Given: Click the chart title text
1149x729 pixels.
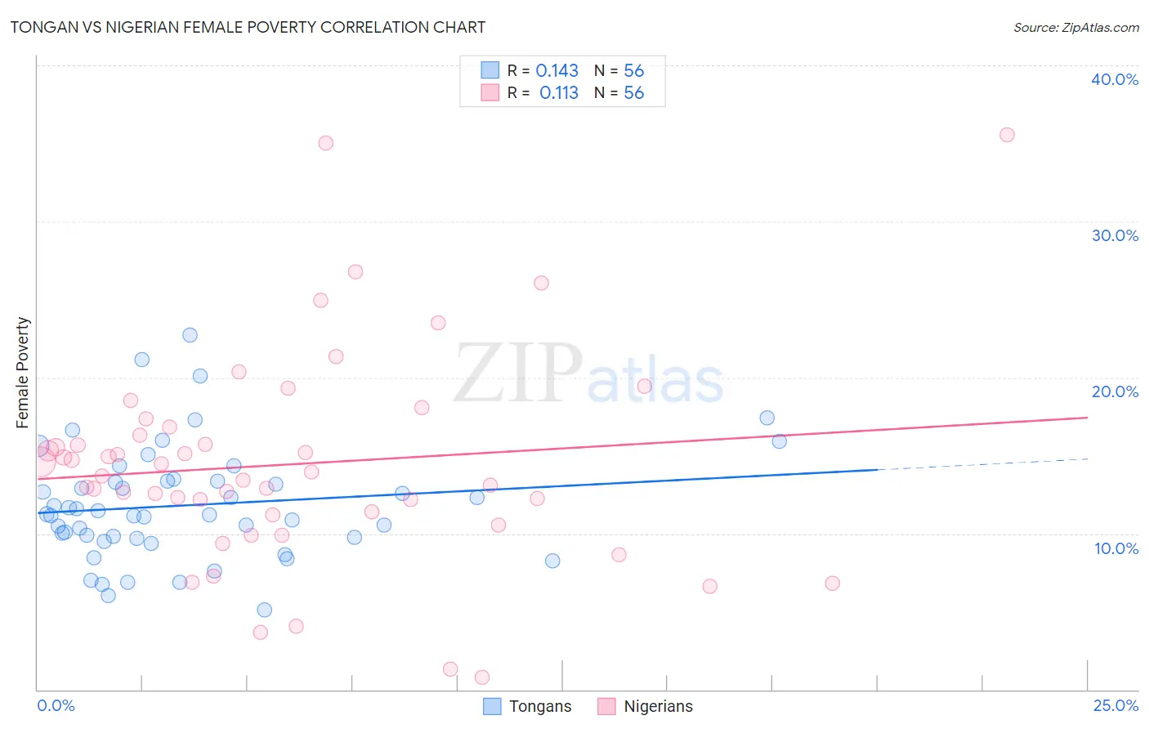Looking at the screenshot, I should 248,27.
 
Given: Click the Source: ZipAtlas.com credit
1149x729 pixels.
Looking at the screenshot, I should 1075,27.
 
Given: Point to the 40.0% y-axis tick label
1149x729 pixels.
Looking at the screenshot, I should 1115,79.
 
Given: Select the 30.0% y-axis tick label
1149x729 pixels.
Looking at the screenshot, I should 1115,235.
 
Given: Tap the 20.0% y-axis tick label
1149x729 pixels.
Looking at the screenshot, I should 1115,391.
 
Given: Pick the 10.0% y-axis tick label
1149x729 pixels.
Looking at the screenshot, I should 1116,548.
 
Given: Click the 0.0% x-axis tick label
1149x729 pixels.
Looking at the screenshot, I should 56,705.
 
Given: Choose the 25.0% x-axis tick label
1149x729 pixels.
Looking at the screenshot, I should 1115,705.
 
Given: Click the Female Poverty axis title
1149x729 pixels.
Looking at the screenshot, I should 23,373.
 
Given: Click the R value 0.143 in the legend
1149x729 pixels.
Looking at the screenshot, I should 557,71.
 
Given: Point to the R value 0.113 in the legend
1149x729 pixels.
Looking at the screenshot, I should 559,93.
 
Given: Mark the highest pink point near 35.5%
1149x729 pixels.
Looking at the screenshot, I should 1007,135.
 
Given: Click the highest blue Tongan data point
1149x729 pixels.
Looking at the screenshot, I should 190,335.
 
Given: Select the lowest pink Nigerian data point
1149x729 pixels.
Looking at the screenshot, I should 482,678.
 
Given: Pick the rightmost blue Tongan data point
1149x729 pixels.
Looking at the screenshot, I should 779,441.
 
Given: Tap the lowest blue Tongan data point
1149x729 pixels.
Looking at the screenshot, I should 264,610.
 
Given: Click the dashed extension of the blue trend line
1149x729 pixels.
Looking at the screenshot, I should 981,463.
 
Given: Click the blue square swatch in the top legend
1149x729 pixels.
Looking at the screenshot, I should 490,70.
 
